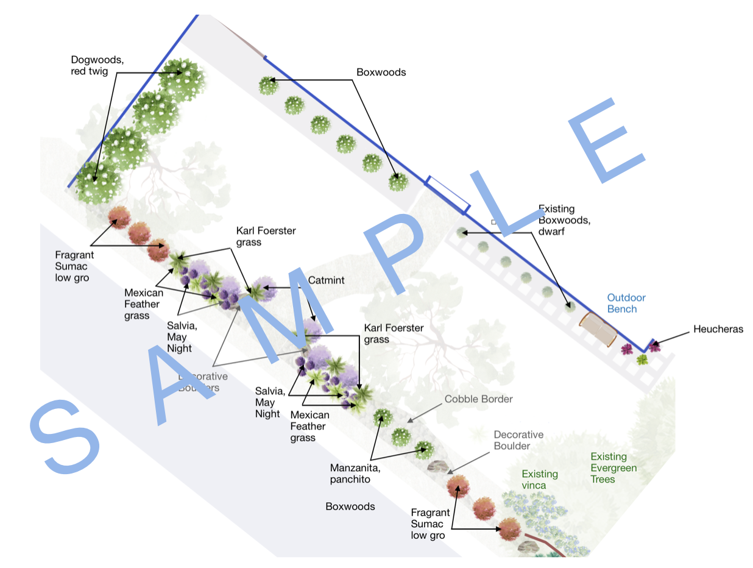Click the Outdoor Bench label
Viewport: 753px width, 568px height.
pyautogui.click(x=626, y=304)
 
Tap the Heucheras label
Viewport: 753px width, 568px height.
pyautogui.click(x=718, y=330)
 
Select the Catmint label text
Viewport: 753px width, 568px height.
pyautogui.click(x=326, y=280)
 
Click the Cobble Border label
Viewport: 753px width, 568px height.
pyautogui.click(x=478, y=399)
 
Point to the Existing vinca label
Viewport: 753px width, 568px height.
pyautogui.click(x=539, y=480)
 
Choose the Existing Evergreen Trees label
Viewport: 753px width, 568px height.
pyautogui.click(x=613, y=468)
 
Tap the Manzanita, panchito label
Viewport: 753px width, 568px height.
pyautogui.click(x=355, y=474)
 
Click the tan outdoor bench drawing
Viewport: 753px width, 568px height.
pyautogui.click(x=598, y=330)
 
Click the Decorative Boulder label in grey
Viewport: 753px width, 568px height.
pyautogui.click(x=518, y=440)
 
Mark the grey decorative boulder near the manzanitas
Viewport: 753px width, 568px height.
pyautogui.click(x=437, y=467)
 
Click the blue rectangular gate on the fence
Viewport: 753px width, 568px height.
pyautogui.click(x=448, y=194)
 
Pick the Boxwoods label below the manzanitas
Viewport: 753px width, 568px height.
pyautogui.click(x=350, y=506)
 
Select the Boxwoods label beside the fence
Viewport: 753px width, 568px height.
pyautogui.click(x=381, y=73)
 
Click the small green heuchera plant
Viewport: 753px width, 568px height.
pyautogui.click(x=642, y=360)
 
